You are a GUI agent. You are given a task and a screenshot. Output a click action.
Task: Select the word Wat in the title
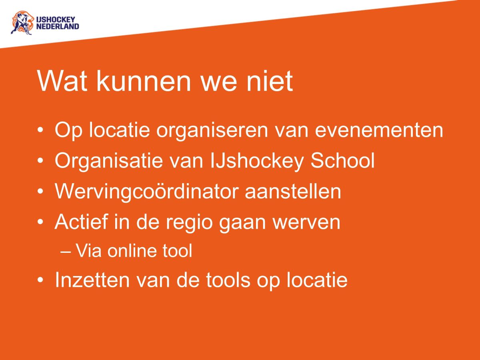64,81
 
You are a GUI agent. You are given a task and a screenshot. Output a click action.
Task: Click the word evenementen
379,131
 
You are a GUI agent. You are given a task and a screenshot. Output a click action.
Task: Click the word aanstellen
293,192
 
